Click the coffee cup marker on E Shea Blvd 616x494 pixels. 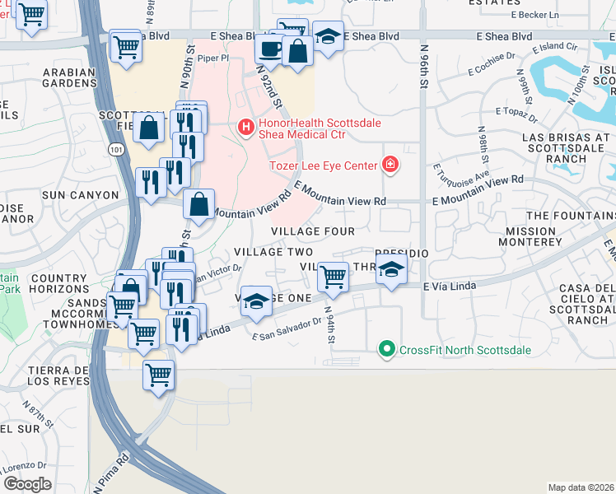(269, 49)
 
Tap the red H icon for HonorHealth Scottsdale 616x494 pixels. (245, 126)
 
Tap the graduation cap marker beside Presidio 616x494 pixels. (392, 269)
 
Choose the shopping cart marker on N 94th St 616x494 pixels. (332, 277)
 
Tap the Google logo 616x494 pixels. (27, 483)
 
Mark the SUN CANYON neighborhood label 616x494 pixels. (75, 195)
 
